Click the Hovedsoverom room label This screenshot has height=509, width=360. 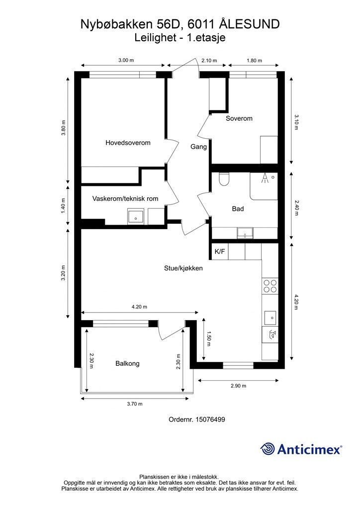[x=128, y=143]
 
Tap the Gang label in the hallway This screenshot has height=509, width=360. [x=198, y=147]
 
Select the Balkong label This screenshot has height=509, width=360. [x=127, y=363]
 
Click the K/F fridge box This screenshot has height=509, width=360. [x=220, y=252]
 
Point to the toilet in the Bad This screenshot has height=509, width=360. [x=224, y=179]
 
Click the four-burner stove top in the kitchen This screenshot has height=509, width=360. [x=270, y=286]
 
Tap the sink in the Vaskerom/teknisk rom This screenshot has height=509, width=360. [x=136, y=217]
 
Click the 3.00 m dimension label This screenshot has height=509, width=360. [x=126, y=60]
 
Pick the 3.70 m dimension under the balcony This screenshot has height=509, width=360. [x=134, y=404]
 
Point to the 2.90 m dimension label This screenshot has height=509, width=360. [x=238, y=386]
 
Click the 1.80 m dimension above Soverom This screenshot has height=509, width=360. [x=254, y=60]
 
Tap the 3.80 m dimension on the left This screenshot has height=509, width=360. [x=63, y=128]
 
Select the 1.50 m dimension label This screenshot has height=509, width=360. [x=209, y=339]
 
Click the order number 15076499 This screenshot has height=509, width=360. [x=210, y=420]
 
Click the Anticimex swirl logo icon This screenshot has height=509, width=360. [x=268, y=449]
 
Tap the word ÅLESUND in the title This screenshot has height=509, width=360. [x=249, y=24]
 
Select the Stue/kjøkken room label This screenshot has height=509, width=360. [x=183, y=268]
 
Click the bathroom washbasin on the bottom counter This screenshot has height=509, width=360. [x=245, y=233]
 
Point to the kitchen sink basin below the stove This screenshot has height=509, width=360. [x=270, y=318]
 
